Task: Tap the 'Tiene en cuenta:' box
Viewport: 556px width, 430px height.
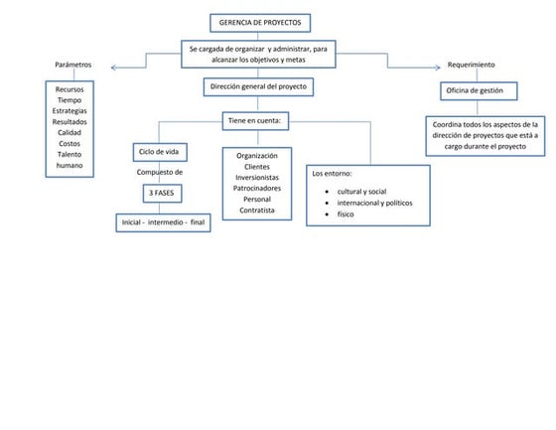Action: (x=257, y=120)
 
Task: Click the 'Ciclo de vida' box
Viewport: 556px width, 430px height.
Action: (x=159, y=151)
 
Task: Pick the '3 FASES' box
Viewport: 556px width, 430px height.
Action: (x=159, y=192)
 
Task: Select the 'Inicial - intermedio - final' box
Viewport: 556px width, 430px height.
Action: (x=162, y=223)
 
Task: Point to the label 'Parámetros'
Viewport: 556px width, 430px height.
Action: (x=73, y=65)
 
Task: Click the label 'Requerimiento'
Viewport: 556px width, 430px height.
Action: (x=471, y=65)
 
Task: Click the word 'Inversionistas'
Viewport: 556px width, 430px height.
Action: (x=257, y=177)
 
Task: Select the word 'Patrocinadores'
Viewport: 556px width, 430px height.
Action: (x=257, y=188)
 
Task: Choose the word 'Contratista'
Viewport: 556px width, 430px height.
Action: (x=257, y=211)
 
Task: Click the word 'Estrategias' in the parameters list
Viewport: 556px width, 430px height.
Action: (x=69, y=111)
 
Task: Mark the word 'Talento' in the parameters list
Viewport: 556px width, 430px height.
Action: (x=69, y=155)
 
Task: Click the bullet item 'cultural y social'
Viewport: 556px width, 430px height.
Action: (x=362, y=191)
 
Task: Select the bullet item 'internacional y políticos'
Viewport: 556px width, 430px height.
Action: (x=374, y=203)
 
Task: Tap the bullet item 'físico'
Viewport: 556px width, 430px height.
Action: (x=346, y=215)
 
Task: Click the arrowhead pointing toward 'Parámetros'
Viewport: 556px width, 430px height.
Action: (x=112, y=68)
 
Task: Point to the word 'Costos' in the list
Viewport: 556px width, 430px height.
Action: (x=69, y=144)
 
